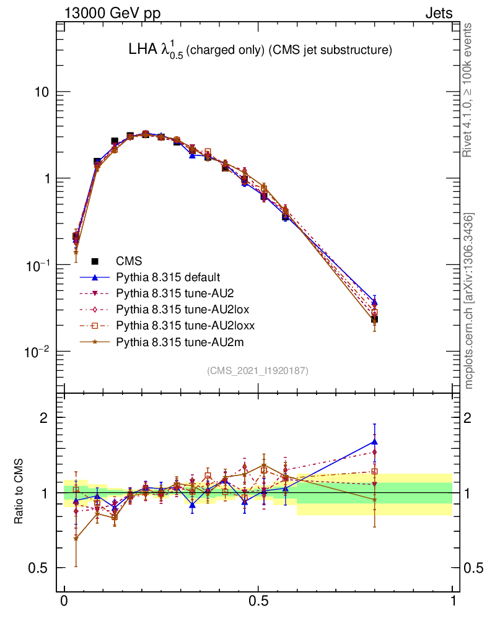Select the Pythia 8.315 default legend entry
click(x=168, y=277)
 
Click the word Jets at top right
click(x=438, y=13)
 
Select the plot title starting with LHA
click(x=259, y=51)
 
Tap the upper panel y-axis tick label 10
click(x=40, y=92)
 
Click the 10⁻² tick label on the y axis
click(x=37, y=352)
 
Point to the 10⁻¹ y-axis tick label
click(x=37, y=265)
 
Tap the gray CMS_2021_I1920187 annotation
click(x=258, y=370)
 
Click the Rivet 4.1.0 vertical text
click(x=468, y=90)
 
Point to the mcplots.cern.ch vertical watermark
click(x=469, y=301)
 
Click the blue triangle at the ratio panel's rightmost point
click(x=374, y=441)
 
